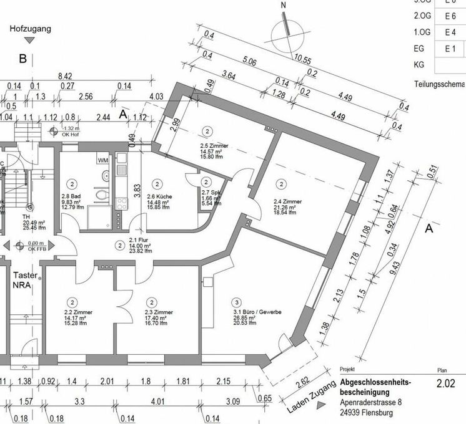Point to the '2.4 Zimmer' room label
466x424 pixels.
tap(287, 202)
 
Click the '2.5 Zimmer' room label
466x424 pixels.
tap(210, 146)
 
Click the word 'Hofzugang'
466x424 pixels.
tap(30, 29)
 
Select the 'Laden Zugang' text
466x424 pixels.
tap(304, 400)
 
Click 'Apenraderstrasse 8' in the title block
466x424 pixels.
tap(372, 403)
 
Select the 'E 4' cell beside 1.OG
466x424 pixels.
tap(450, 31)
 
